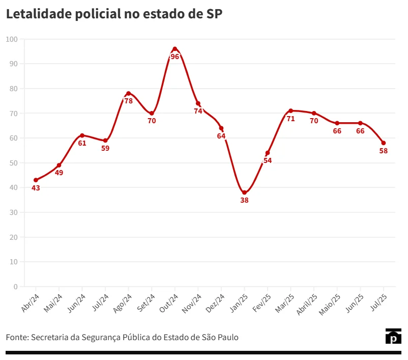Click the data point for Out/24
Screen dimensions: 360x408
pyautogui.click(x=175, y=49)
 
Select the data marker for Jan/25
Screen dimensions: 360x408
pyautogui.click(x=244, y=192)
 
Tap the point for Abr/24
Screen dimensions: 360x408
pyautogui.click(x=36, y=180)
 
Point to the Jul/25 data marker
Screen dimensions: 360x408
pyautogui.click(x=384, y=143)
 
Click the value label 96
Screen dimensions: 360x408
pyautogui.click(x=175, y=57)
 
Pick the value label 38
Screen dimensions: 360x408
pyautogui.click(x=244, y=200)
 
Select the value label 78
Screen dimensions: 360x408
pyautogui.click(x=129, y=101)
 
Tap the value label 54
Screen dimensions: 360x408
pyautogui.click(x=268, y=160)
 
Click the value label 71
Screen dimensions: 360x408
pyautogui.click(x=291, y=119)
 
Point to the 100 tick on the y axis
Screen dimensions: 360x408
pyautogui.click(x=12, y=39)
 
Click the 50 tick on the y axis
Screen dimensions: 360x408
pyautogui.click(x=13, y=163)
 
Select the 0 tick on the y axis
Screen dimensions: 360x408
pyautogui.click(x=15, y=287)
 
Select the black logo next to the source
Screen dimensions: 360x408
pyautogui.click(x=393, y=337)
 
